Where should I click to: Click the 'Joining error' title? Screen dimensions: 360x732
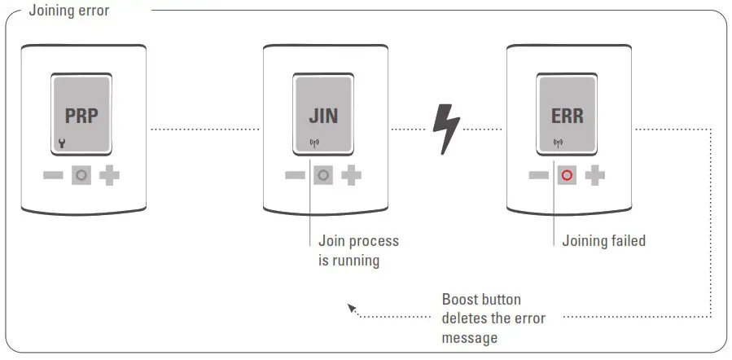point(69,11)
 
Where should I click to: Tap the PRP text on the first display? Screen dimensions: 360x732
point(81,116)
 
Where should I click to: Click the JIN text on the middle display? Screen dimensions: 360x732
point(324,116)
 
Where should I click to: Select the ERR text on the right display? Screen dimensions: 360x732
point(567,116)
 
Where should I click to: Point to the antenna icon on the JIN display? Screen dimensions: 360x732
point(312,145)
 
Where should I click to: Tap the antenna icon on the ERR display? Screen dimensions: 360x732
point(558,145)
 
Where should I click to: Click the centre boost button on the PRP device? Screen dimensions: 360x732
point(81,175)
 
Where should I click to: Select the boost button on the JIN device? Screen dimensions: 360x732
point(324,175)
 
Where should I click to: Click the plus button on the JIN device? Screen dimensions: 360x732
point(352,175)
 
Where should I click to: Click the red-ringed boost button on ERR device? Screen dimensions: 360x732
point(567,175)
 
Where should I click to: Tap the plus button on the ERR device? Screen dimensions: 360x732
point(595,175)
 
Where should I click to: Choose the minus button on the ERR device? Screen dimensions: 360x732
point(539,175)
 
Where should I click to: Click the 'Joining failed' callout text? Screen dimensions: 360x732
point(603,241)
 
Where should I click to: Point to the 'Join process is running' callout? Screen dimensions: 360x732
point(358,251)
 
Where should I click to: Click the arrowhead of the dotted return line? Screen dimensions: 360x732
point(351,309)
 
